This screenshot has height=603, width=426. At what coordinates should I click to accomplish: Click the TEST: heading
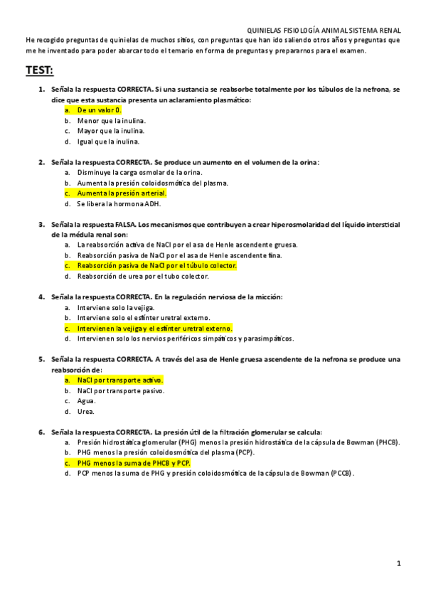click(39, 70)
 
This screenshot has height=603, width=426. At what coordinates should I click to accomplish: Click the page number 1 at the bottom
click(399, 563)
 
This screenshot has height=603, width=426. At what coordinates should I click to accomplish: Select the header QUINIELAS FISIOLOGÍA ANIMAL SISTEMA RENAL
click(323, 31)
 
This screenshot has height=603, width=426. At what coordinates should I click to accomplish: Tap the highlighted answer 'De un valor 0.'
click(100, 110)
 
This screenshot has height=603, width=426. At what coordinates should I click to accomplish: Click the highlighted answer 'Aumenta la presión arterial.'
click(122, 193)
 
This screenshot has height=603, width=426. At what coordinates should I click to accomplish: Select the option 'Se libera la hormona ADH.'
click(119, 203)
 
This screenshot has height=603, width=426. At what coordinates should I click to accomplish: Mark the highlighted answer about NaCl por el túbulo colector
click(156, 265)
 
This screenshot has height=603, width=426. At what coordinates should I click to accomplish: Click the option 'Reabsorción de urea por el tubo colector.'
click(143, 276)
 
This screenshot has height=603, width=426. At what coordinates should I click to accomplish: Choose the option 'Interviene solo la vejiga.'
click(116, 307)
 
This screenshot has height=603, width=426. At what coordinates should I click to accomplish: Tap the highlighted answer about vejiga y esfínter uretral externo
click(154, 328)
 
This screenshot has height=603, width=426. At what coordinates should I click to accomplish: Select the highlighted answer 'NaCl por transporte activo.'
click(120, 380)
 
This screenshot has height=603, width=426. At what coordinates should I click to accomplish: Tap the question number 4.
click(41, 297)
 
